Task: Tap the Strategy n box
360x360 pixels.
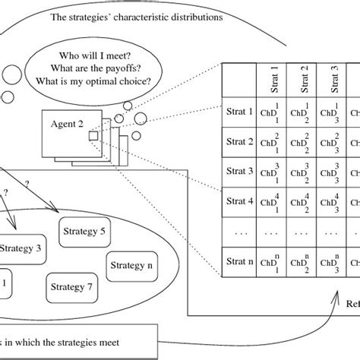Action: click(x=134, y=266)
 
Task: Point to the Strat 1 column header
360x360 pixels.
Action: click(x=274, y=79)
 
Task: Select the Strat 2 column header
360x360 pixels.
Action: click(x=305, y=79)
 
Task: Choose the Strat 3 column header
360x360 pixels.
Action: click(x=334, y=79)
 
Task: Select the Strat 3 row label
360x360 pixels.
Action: click(x=240, y=172)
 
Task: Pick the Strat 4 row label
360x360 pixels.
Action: click(x=240, y=202)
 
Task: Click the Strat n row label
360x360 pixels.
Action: click(x=240, y=262)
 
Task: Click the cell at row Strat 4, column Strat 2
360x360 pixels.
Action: click(x=305, y=202)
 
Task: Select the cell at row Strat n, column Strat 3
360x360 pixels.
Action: click(x=334, y=262)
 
